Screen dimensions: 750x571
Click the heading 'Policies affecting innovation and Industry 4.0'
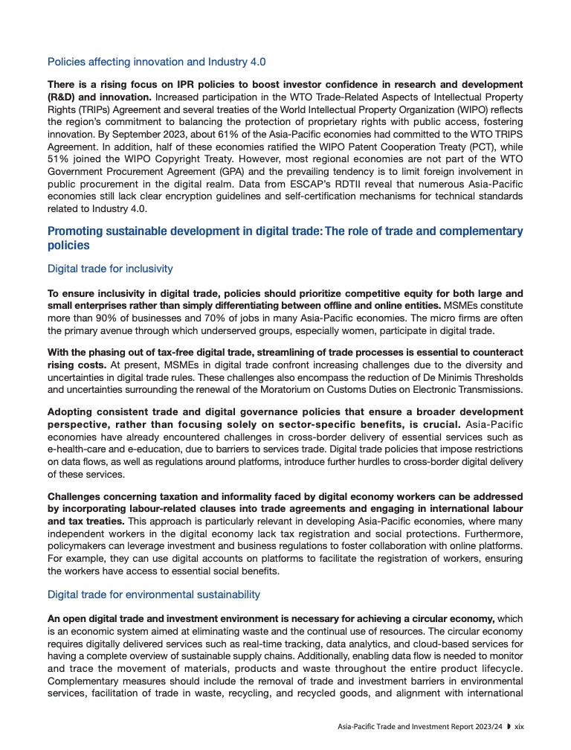(x=156, y=62)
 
